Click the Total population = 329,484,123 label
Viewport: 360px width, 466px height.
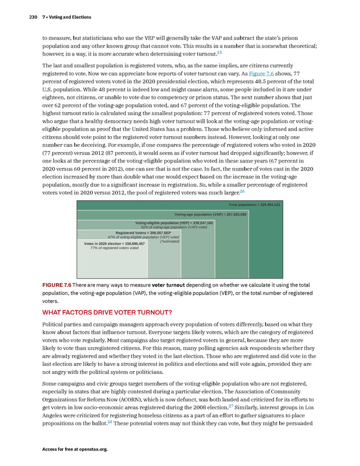click(254, 205)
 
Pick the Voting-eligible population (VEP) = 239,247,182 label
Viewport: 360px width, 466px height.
click(174, 222)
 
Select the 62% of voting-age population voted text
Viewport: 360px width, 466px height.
click(174, 227)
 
